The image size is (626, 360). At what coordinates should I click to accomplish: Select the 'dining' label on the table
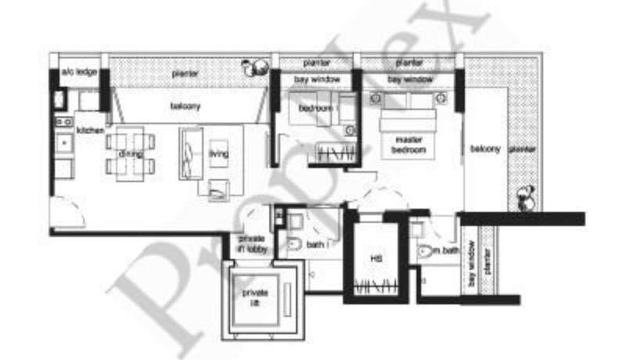coord(130,154)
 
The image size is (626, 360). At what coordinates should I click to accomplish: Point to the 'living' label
coord(218,154)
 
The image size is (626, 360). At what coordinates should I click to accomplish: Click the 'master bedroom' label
coord(409,144)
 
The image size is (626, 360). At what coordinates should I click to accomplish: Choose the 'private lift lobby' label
coord(252,243)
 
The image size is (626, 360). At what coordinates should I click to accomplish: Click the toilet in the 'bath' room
coord(293,246)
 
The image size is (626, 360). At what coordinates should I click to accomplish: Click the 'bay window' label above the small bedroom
coord(311,80)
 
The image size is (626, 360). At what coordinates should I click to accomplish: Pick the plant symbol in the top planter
coord(253,69)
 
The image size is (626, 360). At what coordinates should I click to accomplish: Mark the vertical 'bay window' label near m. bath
coord(473,270)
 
